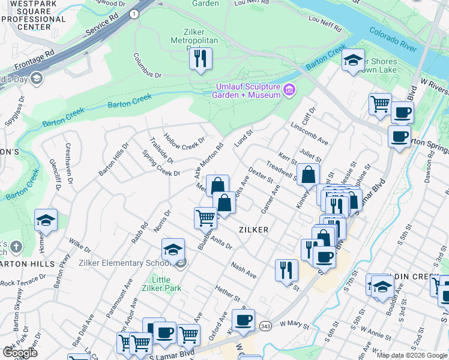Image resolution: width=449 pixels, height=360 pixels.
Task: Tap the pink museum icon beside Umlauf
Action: coord(290,91)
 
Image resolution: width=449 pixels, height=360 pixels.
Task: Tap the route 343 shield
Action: coord(265,325)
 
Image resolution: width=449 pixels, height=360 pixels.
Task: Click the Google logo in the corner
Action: coord(20,353)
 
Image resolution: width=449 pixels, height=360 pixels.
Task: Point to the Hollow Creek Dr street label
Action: coord(184,142)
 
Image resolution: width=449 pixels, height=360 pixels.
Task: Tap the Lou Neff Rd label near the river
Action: coord(324,23)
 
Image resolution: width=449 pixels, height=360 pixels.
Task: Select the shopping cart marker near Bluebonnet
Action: coord(205,217)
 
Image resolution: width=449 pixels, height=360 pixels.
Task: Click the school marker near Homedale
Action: coord(46,220)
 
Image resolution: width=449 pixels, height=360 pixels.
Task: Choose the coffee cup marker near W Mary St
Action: coord(243,320)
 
